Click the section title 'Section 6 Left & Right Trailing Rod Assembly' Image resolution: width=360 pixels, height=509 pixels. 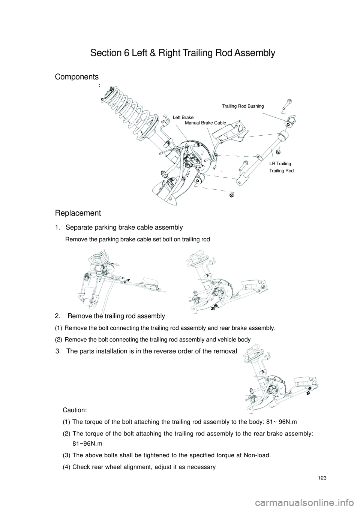(x=183, y=53)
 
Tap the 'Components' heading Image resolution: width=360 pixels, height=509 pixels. (x=77, y=77)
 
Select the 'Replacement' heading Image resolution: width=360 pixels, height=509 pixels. (x=78, y=213)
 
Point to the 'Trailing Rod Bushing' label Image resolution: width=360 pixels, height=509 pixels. (x=243, y=106)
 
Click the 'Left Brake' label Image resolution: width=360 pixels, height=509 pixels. (x=183, y=118)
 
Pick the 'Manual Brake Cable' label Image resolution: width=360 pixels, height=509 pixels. (x=205, y=123)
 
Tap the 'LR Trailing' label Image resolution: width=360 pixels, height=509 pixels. (x=280, y=164)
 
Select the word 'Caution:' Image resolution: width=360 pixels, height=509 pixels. (x=75, y=411)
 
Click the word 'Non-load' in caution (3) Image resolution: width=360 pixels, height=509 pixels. (x=256, y=456)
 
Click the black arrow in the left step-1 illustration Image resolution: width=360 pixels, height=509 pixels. (x=128, y=280)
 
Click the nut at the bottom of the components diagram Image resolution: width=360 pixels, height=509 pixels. (x=231, y=195)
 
